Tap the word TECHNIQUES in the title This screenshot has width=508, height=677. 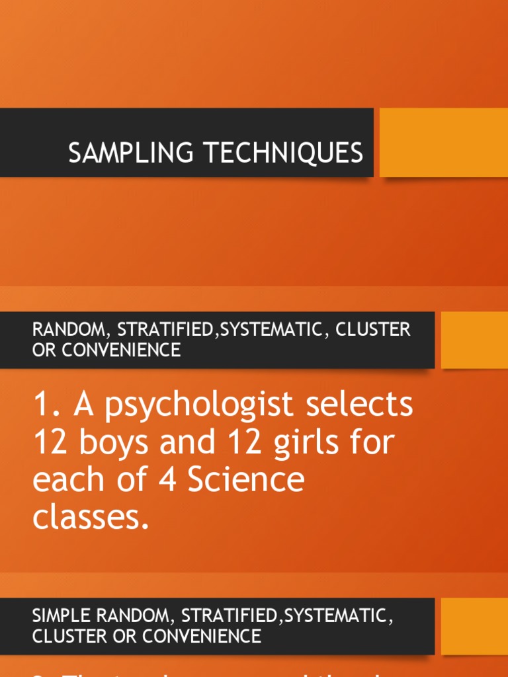282,153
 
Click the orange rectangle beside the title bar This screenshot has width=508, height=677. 443,143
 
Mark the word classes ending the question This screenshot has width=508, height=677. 87,517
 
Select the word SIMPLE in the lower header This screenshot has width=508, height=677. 58,616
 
